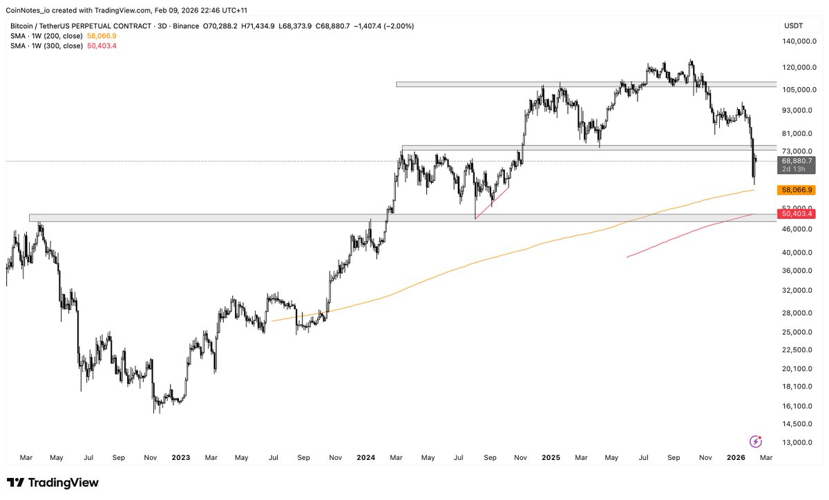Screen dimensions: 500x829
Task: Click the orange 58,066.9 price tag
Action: click(796, 189)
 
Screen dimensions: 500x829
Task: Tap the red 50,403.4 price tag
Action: click(796, 214)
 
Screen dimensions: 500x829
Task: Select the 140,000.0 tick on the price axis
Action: click(796, 41)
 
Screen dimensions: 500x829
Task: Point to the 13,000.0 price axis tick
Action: click(796, 443)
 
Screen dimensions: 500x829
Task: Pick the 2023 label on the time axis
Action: click(181, 457)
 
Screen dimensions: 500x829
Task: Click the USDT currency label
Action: click(793, 26)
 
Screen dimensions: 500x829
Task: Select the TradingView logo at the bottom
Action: click(53, 483)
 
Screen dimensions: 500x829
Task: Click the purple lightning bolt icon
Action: click(756, 441)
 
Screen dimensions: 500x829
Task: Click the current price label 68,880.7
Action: click(796, 160)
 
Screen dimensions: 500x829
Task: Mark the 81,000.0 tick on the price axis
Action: click(796, 133)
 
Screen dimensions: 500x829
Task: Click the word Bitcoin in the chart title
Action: click(24, 26)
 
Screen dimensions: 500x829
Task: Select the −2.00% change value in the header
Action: click(399, 26)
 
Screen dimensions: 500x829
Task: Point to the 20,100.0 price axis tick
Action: click(796, 387)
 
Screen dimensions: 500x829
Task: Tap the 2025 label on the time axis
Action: click(551, 457)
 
